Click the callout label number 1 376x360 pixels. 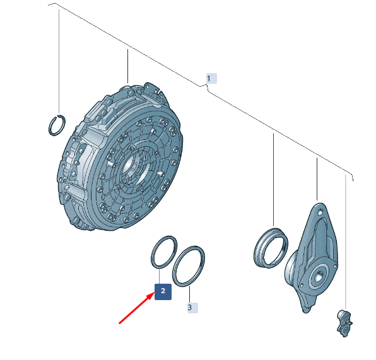[x=211, y=79]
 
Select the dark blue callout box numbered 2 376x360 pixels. [x=163, y=291]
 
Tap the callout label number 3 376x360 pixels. [x=192, y=308]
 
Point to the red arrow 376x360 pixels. [x=137, y=308]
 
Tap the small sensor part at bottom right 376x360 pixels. [x=344, y=323]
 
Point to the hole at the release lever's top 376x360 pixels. [x=320, y=212]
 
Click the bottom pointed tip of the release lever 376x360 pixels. [x=305, y=311]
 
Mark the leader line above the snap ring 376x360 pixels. [x=59, y=62]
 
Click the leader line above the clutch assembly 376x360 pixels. [x=127, y=66]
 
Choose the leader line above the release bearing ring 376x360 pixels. [x=273, y=180]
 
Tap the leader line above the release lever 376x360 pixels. [x=317, y=179]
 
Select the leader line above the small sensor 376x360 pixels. [x=346, y=242]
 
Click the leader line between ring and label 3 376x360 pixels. [x=189, y=294]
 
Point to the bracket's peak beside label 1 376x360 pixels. [x=207, y=84]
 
